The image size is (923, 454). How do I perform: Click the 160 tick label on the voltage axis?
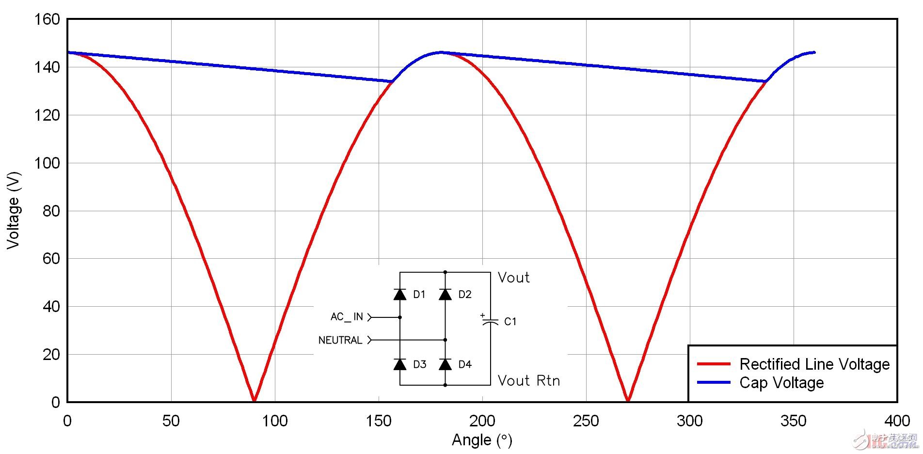click(47, 20)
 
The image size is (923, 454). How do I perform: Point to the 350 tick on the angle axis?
click(793, 421)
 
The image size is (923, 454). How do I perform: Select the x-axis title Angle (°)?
click(481, 440)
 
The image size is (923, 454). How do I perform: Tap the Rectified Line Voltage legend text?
click(814, 364)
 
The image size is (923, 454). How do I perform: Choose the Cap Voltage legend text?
click(781, 383)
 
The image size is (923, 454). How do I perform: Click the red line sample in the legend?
click(713, 364)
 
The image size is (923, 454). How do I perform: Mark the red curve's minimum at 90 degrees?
click(254, 400)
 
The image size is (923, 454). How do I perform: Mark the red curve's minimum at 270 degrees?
click(628, 400)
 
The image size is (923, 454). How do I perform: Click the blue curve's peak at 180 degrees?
click(441, 52)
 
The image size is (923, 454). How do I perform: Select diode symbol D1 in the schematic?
click(400, 294)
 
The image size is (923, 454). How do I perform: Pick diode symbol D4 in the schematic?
click(445, 364)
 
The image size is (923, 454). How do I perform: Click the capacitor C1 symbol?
click(490, 321)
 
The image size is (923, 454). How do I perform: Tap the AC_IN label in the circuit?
click(347, 317)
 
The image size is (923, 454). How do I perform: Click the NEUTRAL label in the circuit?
click(340, 340)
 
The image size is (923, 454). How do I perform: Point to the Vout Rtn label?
click(529, 381)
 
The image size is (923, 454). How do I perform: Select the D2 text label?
click(464, 295)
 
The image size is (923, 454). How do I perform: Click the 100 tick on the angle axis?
click(275, 421)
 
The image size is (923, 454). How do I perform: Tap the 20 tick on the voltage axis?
click(51, 355)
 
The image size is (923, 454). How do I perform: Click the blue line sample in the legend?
click(713, 383)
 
